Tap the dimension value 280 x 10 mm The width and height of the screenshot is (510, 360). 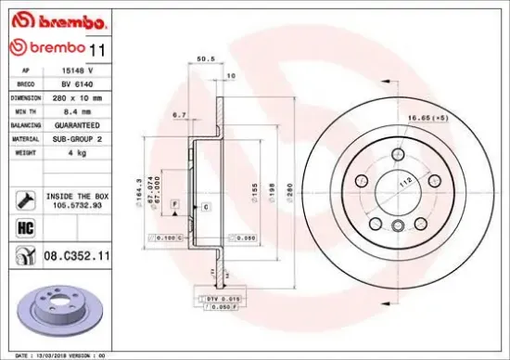(87, 96)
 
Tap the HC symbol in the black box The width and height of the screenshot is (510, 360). (25, 226)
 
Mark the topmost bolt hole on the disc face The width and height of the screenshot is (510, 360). (399, 154)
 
